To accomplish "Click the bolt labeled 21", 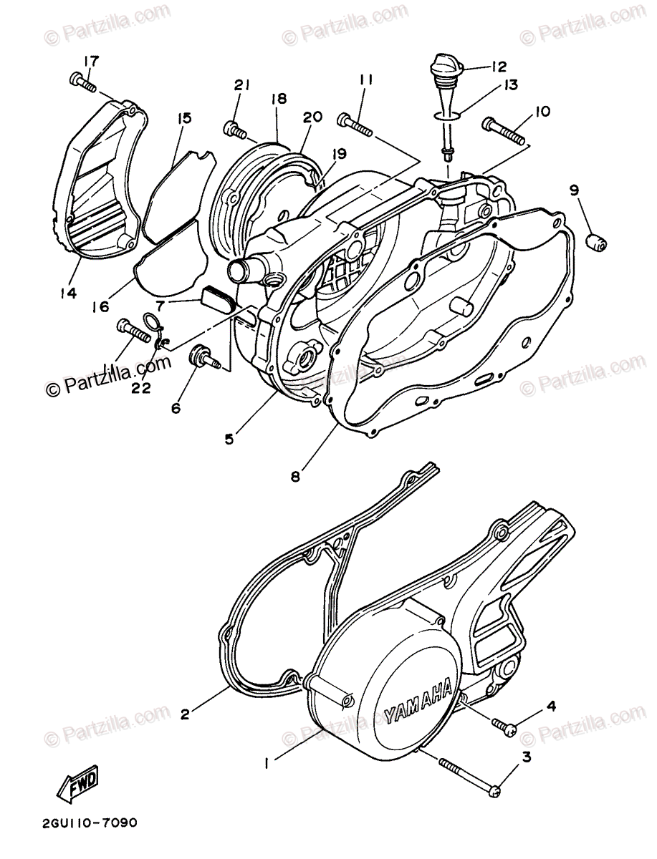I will (236, 130).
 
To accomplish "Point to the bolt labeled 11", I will (353, 126).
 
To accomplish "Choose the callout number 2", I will (185, 713).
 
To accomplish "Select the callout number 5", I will (229, 438).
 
